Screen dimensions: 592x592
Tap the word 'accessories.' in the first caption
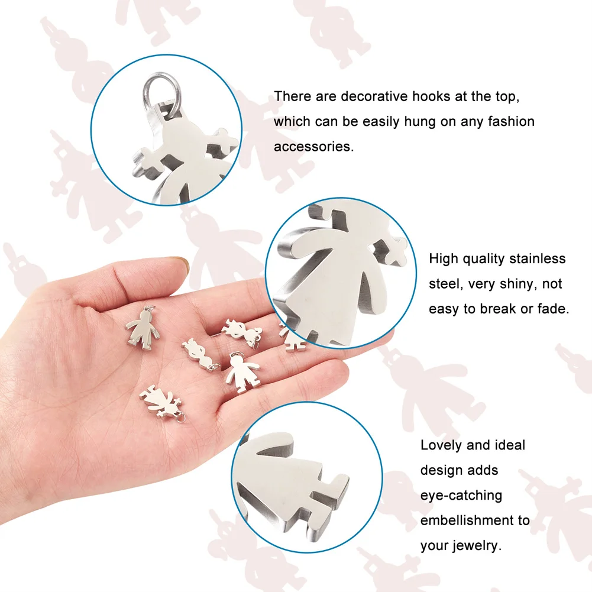click(x=313, y=147)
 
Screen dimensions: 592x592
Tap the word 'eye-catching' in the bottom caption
click(x=461, y=495)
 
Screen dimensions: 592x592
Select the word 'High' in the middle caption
click(x=443, y=258)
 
